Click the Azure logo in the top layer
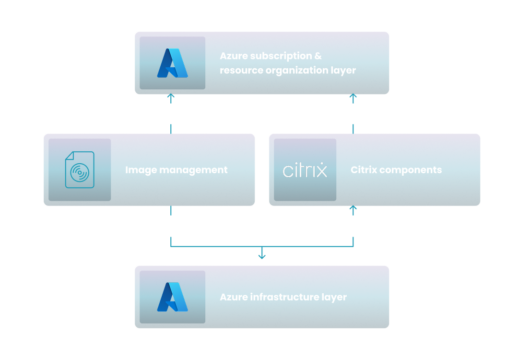pos(172,63)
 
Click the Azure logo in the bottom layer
pos(172,298)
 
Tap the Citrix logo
pos(304,170)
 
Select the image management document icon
pos(78,170)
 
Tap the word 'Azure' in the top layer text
pos(234,56)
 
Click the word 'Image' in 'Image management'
pos(140,170)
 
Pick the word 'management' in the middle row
pos(193,170)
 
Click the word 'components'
pos(410,170)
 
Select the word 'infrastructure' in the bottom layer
pos(284,297)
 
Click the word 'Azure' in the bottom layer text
pos(234,297)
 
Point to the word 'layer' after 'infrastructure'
pos(333,297)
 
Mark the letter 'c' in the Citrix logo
pos(287,171)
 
